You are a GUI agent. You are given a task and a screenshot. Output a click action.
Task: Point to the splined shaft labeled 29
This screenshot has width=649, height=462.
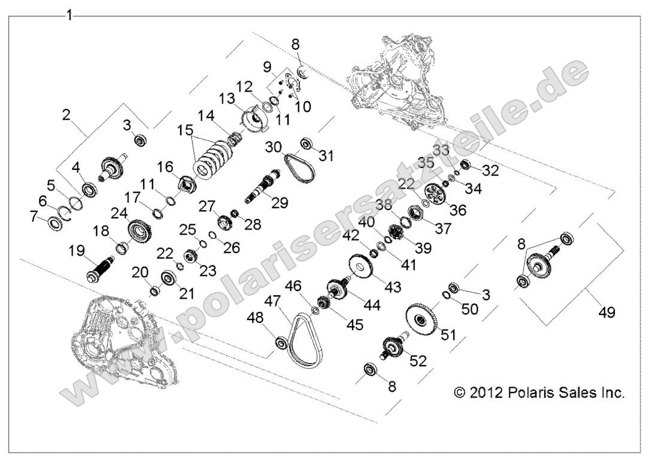pos(263,186)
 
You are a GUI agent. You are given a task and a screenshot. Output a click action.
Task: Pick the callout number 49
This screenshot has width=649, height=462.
pos(606,312)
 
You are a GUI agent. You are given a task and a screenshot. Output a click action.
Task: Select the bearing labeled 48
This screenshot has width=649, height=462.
pos(280,342)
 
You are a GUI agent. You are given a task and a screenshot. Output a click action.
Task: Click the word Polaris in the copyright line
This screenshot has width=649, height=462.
pos(525,393)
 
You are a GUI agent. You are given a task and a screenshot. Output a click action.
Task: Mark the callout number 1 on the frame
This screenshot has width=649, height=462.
pos(69,15)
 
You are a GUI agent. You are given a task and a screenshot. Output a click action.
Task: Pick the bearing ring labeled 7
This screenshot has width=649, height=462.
pos(56,224)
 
